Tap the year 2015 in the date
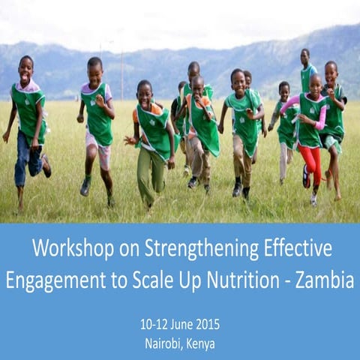point(205,325)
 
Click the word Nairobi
point(164,344)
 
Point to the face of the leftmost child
point(26,69)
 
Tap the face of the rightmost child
point(331,73)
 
